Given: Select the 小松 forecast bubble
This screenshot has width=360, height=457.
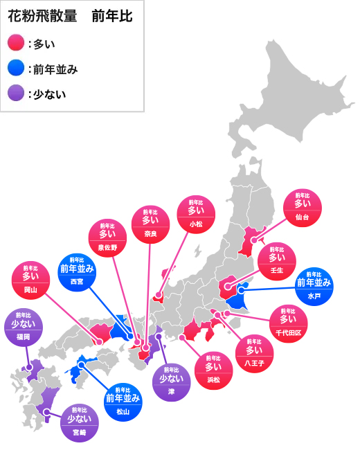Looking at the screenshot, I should pyautogui.click(x=197, y=216).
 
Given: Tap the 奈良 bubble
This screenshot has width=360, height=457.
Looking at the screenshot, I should pyautogui.click(x=151, y=225).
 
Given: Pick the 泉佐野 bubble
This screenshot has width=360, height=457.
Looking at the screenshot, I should pyautogui.click(x=108, y=239).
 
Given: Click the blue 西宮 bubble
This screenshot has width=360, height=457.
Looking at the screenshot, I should pyautogui.click(x=76, y=274).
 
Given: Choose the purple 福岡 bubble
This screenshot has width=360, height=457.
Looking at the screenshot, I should pyautogui.click(x=24, y=328).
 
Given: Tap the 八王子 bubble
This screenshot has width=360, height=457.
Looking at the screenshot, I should pyautogui.click(x=255, y=354).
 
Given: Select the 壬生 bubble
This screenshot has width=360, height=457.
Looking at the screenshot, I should pyautogui.click(x=276, y=262).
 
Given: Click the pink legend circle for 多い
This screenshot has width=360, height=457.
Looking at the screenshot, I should pyautogui.click(x=16, y=44).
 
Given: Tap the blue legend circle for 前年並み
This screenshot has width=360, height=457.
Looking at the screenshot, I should pyautogui.click(x=16, y=69).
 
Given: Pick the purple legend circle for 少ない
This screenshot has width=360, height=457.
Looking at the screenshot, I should pyautogui.click(x=16, y=93).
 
